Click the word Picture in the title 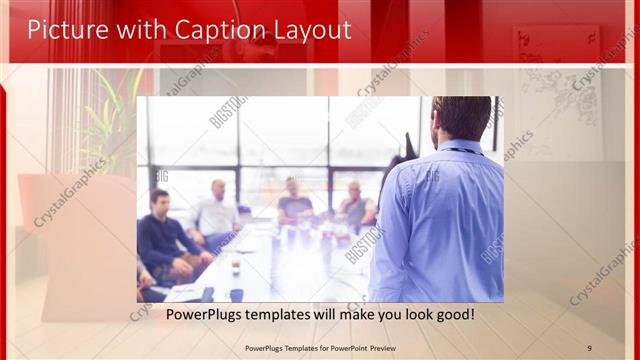(x=63, y=30)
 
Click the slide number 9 (x=589, y=347)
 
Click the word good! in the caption (x=452, y=314)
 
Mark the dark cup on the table (x=236, y=294)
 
